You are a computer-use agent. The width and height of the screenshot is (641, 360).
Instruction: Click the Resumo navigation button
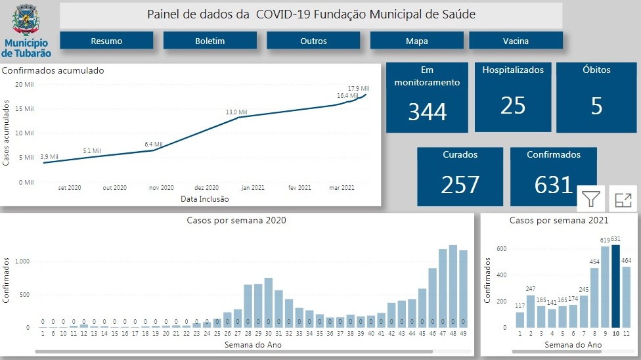click(x=106, y=41)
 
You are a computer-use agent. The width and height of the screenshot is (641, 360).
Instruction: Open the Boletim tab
click(x=210, y=41)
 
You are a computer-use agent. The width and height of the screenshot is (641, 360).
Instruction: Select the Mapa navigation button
click(x=416, y=41)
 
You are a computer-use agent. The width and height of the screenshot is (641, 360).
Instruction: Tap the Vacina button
click(x=516, y=41)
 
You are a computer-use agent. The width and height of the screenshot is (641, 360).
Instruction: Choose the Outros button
click(x=313, y=41)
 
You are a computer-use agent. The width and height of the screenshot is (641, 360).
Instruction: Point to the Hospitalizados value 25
click(x=513, y=105)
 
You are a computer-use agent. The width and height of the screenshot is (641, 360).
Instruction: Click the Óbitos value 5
click(x=596, y=106)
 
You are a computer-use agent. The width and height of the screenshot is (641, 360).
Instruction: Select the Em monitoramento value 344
click(x=427, y=112)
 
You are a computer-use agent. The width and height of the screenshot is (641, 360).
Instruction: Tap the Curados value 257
click(x=460, y=185)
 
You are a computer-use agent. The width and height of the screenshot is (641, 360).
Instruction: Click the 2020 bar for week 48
click(x=453, y=286)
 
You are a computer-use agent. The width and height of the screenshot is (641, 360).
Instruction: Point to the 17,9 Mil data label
click(x=358, y=88)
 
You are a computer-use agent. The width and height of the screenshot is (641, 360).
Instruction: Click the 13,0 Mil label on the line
click(x=236, y=112)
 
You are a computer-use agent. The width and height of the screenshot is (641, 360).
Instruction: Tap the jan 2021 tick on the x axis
click(x=254, y=187)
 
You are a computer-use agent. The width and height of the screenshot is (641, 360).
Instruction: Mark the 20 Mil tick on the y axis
click(x=24, y=84)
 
